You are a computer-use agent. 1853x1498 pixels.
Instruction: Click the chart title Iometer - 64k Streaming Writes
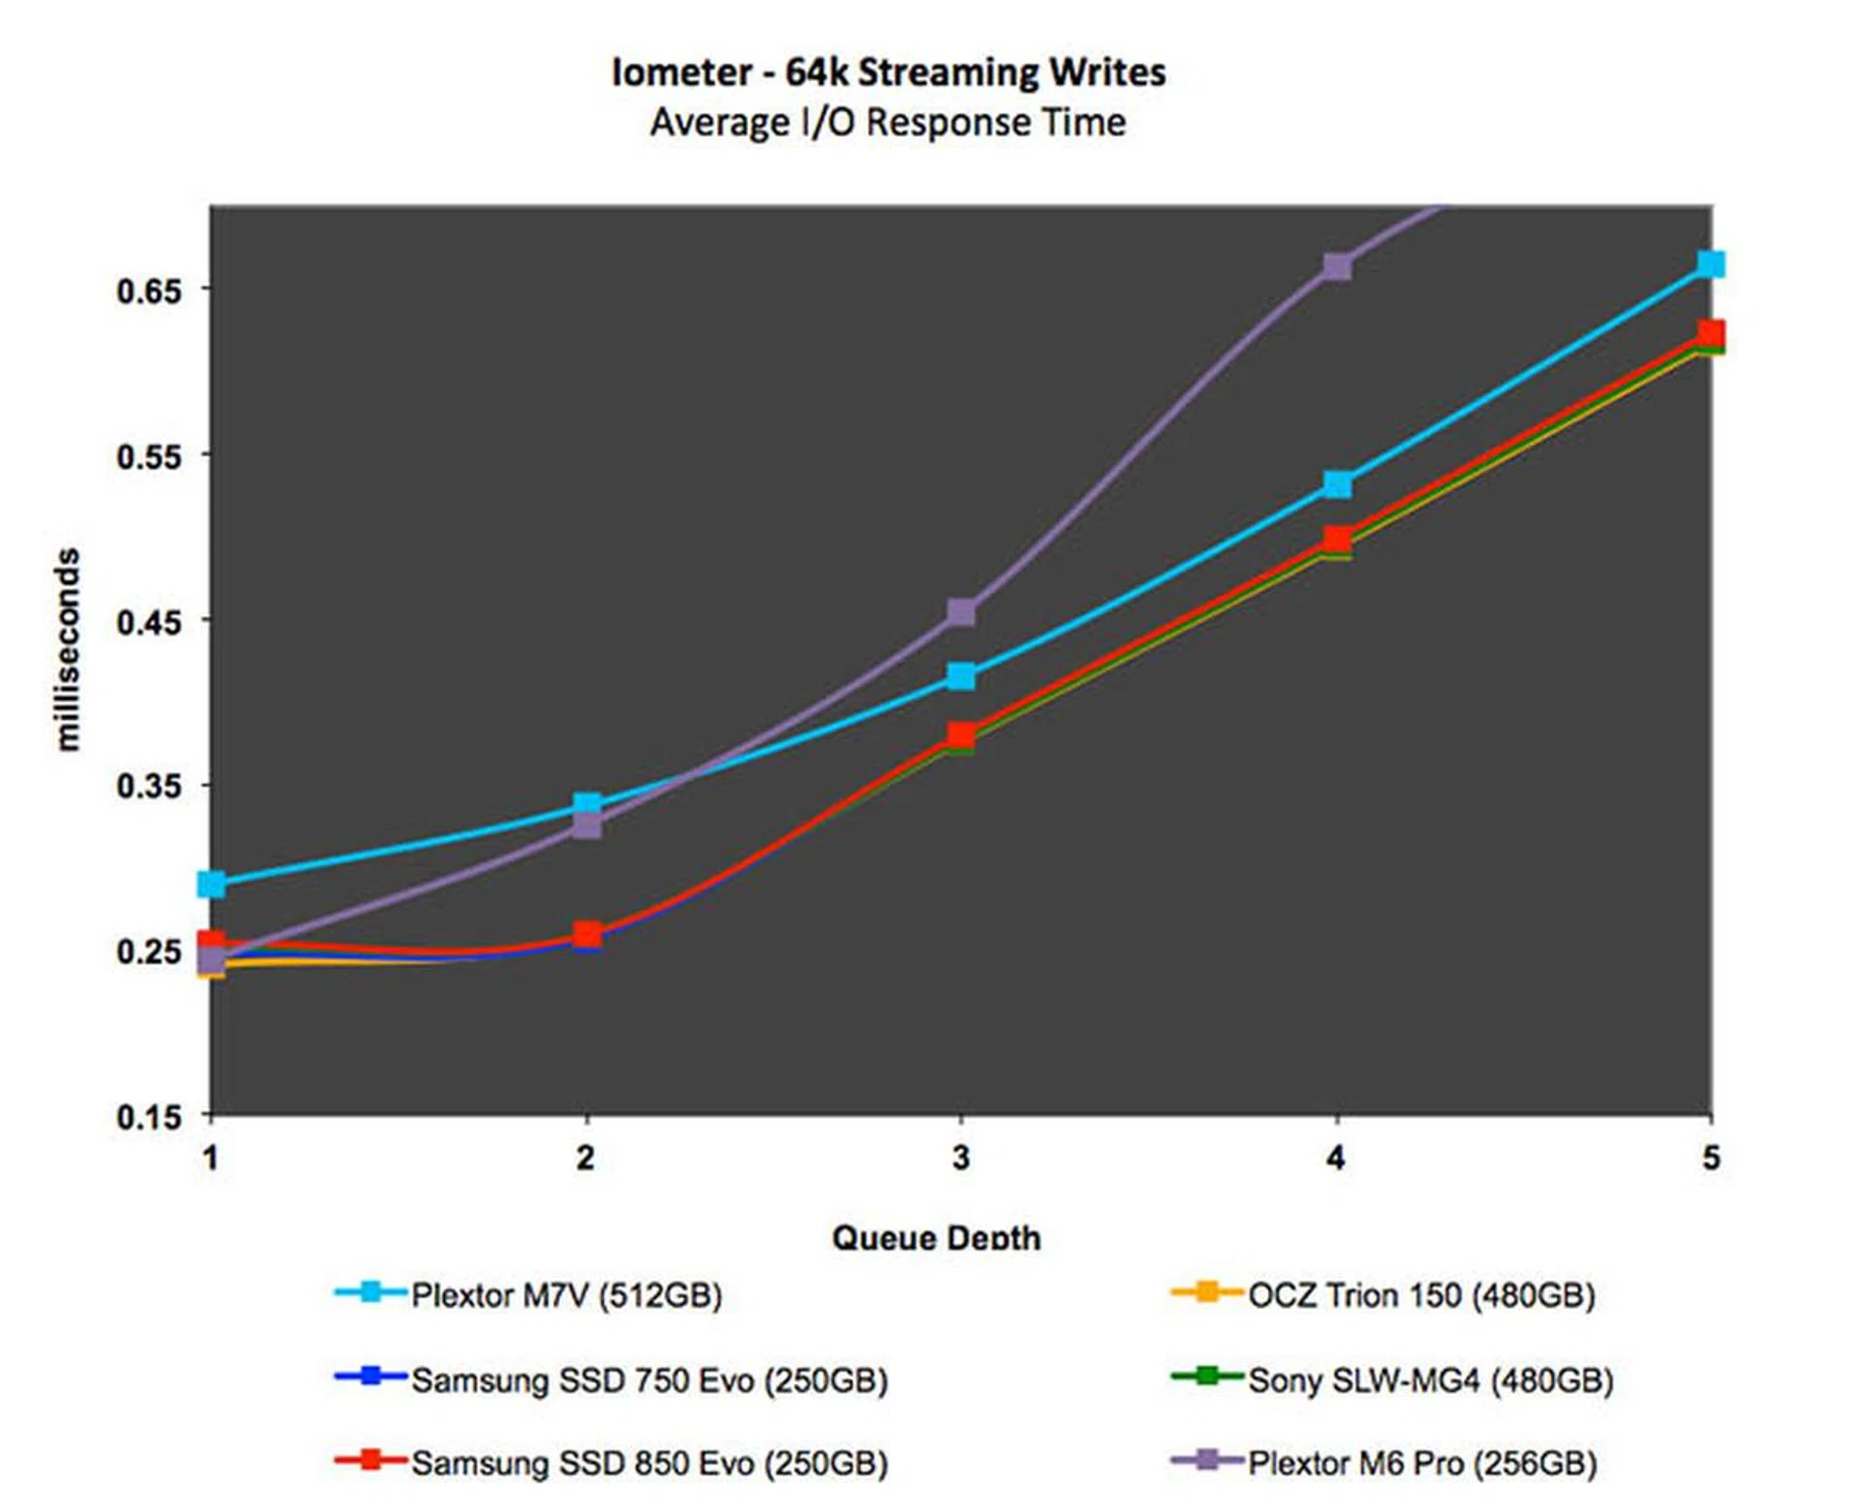(x=888, y=72)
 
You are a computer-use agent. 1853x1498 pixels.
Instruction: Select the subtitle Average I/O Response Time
(x=888, y=123)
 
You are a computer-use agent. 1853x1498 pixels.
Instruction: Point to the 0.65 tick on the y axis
(x=150, y=291)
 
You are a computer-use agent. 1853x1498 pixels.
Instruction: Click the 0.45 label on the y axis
(x=150, y=622)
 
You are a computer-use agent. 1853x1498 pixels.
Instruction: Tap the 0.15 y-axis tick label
(x=150, y=1118)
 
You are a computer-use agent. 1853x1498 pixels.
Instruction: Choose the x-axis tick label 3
(x=960, y=1157)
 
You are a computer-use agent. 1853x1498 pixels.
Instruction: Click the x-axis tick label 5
(x=1710, y=1157)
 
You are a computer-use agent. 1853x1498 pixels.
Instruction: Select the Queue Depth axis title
(x=935, y=1237)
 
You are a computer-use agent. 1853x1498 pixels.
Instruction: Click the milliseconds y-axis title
(x=67, y=650)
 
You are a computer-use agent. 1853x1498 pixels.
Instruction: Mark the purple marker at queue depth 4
(x=1337, y=266)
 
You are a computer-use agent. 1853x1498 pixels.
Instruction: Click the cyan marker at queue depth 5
(x=1710, y=264)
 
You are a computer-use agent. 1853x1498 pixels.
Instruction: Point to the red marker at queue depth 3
(x=961, y=735)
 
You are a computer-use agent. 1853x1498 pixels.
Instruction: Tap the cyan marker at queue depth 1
(x=211, y=883)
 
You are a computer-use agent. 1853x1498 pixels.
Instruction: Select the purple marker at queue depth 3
(x=961, y=612)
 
